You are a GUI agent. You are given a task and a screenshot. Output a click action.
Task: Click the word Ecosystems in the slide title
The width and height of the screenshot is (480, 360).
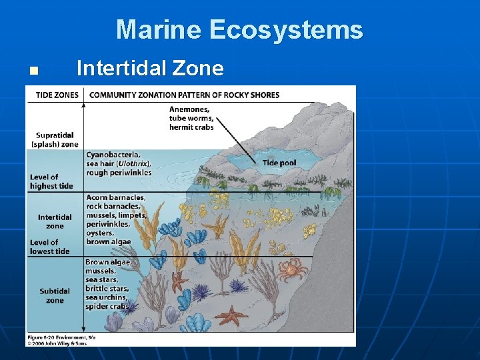point(286,30)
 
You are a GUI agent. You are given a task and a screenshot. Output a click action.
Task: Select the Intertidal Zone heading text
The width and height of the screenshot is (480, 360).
point(150,68)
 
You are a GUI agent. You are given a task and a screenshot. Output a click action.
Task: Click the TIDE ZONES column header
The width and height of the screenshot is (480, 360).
point(57,95)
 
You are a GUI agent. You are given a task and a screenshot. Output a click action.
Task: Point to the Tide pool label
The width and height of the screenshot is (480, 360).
point(279,163)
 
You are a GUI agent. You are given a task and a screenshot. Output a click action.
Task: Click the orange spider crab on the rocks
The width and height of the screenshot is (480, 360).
point(291,270)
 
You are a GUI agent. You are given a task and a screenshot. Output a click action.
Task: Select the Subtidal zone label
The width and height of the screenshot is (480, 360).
point(55,295)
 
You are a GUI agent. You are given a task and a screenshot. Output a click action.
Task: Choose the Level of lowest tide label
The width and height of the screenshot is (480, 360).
point(49,247)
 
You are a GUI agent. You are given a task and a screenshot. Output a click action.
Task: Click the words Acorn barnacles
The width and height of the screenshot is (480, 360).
point(115,198)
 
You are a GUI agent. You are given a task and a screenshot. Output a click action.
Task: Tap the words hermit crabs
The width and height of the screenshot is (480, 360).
point(191,127)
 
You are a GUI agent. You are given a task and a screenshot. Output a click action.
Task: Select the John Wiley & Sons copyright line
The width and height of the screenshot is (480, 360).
point(57,343)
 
